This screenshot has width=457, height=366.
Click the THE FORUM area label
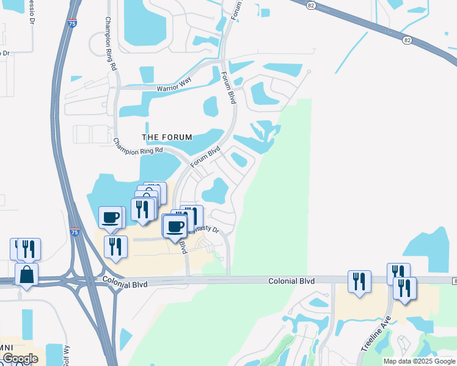click(167, 137)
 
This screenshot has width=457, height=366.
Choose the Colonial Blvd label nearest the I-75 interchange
click(126, 281)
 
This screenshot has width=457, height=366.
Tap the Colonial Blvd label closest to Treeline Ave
click(291, 281)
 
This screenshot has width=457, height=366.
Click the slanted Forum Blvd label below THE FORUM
click(205, 156)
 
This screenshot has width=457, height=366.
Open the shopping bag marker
click(26, 274)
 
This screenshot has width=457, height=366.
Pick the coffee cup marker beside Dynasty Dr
click(175, 226)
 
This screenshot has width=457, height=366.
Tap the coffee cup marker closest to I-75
click(111, 217)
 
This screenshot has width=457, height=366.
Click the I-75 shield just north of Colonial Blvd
click(75, 232)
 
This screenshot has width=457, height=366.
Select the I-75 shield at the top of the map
click(73, 9)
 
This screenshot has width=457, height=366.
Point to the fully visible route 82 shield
click(407, 40)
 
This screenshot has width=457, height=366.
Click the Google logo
click(20, 359)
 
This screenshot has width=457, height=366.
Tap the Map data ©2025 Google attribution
click(419, 361)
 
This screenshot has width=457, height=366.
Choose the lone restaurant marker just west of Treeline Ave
click(359, 281)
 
